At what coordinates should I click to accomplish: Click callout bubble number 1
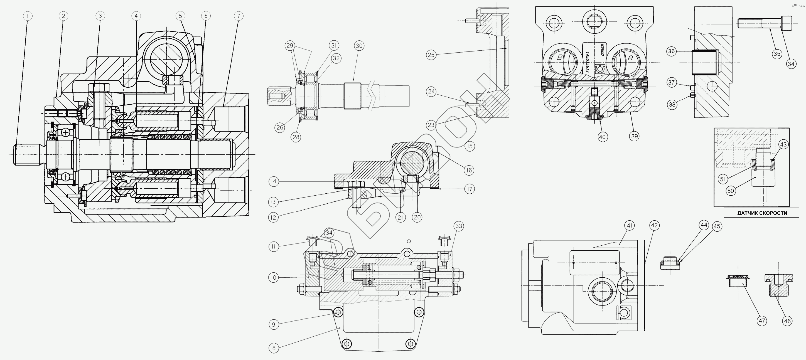click(x=28, y=16)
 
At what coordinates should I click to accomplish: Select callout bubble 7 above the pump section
click(x=239, y=16)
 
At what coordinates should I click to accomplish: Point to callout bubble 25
click(x=431, y=55)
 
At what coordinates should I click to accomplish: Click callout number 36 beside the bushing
click(x=672, y=51)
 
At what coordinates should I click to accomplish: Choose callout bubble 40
click(x=602, y=137)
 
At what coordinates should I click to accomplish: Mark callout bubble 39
click(x=634, y=136)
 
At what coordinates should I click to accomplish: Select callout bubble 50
click(x=731, y=191)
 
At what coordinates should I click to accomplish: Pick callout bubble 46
click(x=787, y=321)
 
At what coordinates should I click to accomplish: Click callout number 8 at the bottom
click(x=274, y=348)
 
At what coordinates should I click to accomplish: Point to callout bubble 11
click(x=274, y=247)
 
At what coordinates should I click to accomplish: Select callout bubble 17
click(x=469, y=189)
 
